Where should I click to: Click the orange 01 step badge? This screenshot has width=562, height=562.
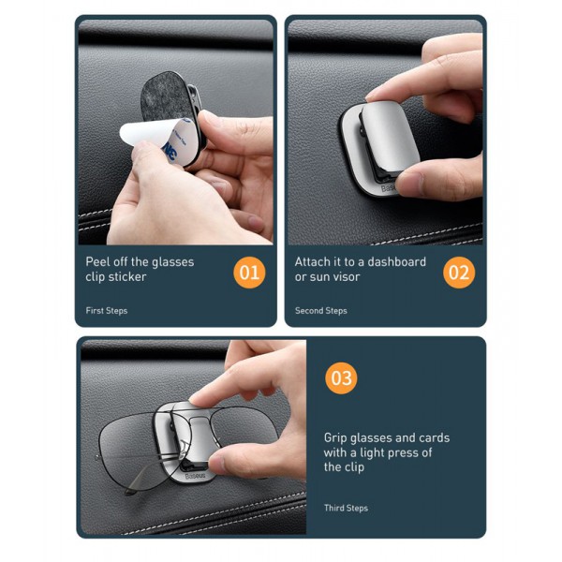click(x=249, y=273)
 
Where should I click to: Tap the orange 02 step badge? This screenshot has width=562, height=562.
click(x=459, y=273)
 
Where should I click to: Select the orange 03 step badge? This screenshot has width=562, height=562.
click(x=341, y=378)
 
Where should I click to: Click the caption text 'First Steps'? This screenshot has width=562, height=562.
click(x=107, y=311)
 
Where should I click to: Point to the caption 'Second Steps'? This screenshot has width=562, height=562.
click(x=320, y=311)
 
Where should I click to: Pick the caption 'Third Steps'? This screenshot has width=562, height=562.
click(x=346, y=508)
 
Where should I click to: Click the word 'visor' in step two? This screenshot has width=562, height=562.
click(x=347, y=276)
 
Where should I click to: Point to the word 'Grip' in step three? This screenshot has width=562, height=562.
click(x=335, y=438)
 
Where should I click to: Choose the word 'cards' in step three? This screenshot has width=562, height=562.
click(x=434, y=437)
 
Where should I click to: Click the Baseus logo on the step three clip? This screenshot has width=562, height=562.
click(x=196, y=476)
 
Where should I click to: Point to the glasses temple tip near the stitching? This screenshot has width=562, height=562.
click(x=130, y=492)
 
